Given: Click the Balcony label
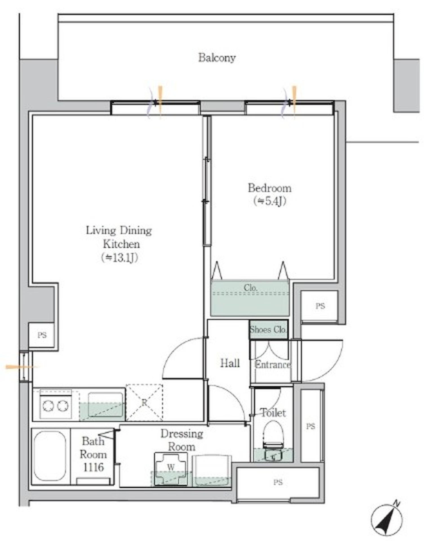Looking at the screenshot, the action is (x=217, y=58).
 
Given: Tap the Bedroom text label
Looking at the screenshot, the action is (x=269, y=188).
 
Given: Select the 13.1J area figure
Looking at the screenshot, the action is (x=120, y=258).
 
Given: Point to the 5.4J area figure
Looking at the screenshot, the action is (x=270, y=201).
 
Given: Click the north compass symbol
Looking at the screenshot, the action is (x=387, y=518).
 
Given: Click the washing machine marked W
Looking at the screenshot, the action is (x=171, y=469).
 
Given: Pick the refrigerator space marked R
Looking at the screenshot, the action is (x=144, y=402).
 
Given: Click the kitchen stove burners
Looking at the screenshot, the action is (x=56, y=406).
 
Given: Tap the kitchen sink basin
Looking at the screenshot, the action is (x=105, y=405).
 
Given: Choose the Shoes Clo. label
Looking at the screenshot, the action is (x=268, y=329).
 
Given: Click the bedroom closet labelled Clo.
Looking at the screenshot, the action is (x=250, y=298).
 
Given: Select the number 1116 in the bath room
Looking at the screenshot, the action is (x=94, y=467).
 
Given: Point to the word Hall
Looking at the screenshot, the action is (x=230, y=363).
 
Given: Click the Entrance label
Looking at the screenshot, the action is (x=273, y=365).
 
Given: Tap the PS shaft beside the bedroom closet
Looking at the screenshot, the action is (x=320, y=306).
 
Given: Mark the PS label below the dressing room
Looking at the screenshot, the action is (x=278, y=482).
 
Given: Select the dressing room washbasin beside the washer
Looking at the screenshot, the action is (x=212, y=470).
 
